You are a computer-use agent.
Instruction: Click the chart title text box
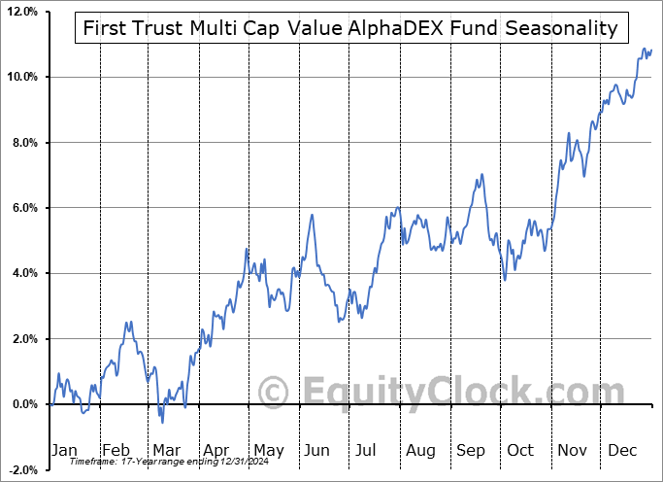point(350,27)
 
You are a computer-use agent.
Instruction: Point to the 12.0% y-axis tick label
point(20,12)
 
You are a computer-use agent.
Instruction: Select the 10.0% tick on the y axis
point(20,77)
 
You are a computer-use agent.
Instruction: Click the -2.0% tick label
point(20,470)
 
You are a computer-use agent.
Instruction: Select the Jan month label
point(64,451)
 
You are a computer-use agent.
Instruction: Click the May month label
point(269,451)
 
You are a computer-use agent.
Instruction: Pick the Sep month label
point(471,451)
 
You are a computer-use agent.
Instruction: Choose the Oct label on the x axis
point(521,451)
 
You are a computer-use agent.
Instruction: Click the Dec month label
point(622,451)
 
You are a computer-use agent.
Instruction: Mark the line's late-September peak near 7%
point(480,176)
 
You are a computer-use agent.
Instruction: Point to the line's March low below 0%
point(162,422)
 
